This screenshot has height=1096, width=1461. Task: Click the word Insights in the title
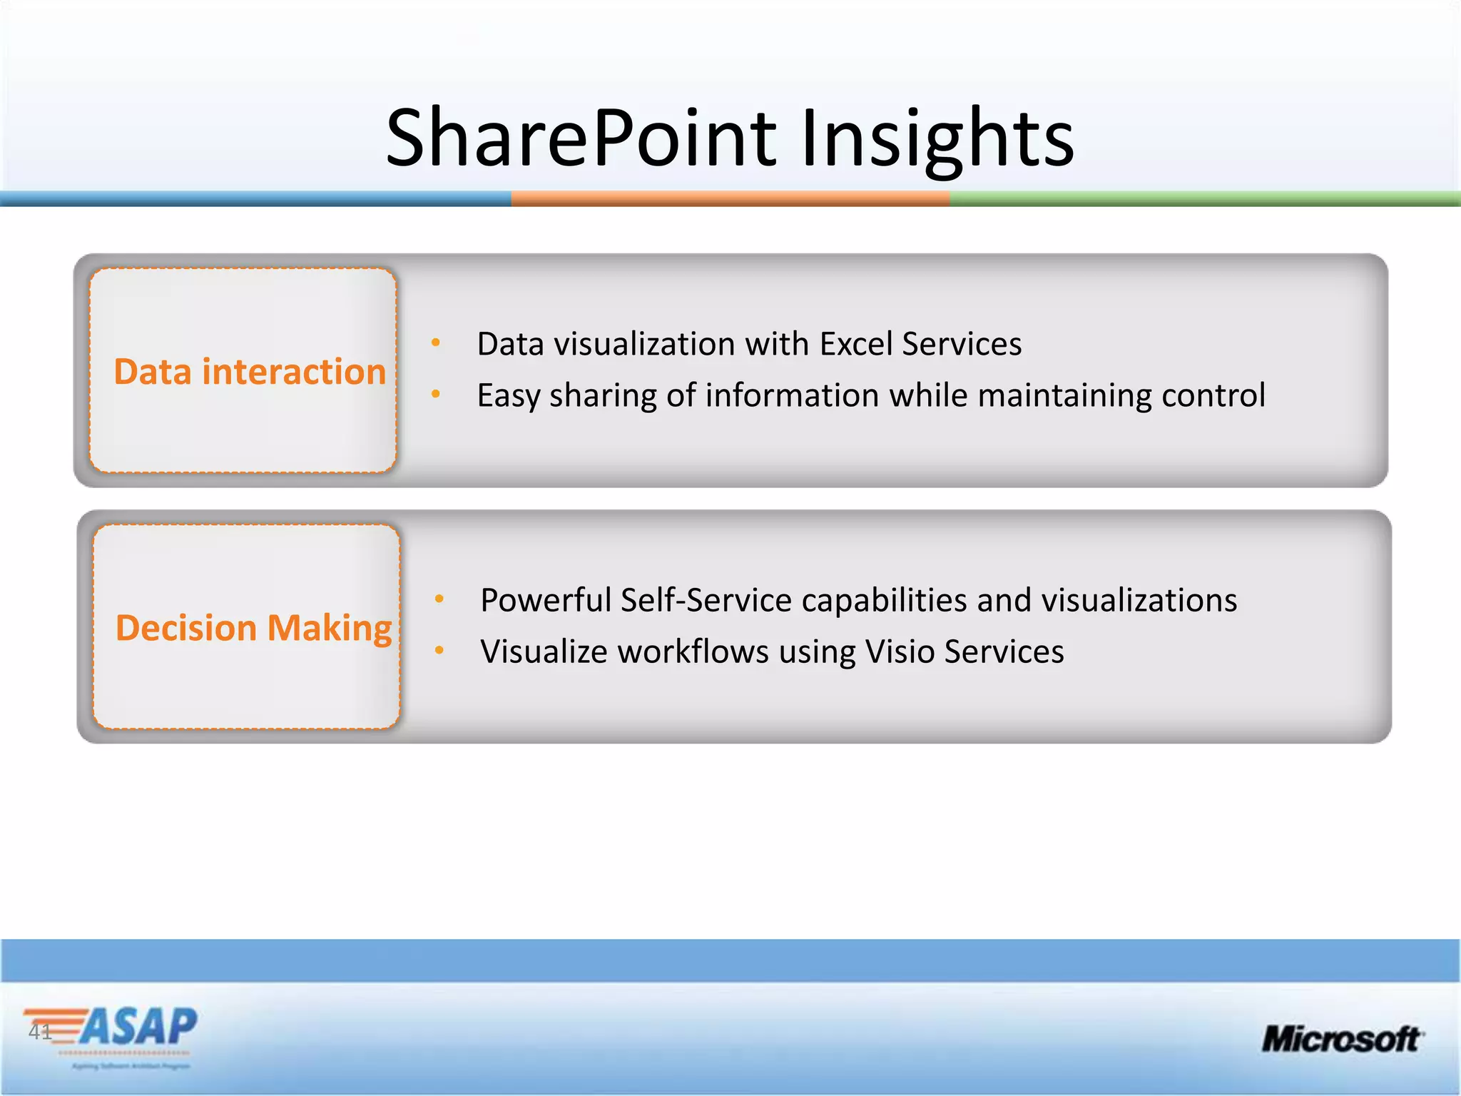937,137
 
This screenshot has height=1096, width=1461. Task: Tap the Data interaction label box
243,371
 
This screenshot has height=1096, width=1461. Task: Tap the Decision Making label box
247,627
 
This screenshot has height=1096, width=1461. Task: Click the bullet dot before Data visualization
436,343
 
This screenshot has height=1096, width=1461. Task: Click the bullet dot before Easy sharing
436,394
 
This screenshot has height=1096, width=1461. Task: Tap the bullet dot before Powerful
439,599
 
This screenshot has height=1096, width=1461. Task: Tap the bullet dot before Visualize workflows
439,650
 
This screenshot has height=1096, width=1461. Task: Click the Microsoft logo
1342,1039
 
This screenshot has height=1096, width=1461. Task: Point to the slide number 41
40,1032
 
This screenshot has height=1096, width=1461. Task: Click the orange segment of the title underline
730,198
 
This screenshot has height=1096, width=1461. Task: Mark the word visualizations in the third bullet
1139,600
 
